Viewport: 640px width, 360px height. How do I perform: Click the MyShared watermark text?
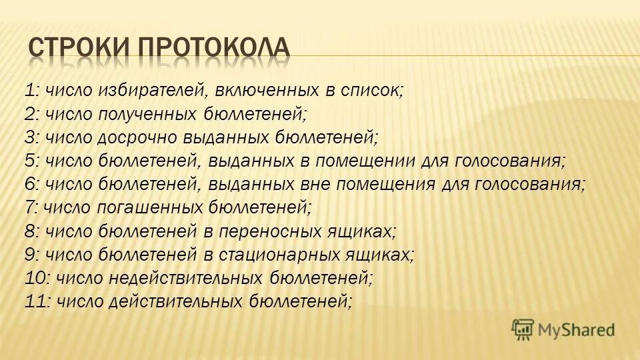point(577,328)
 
